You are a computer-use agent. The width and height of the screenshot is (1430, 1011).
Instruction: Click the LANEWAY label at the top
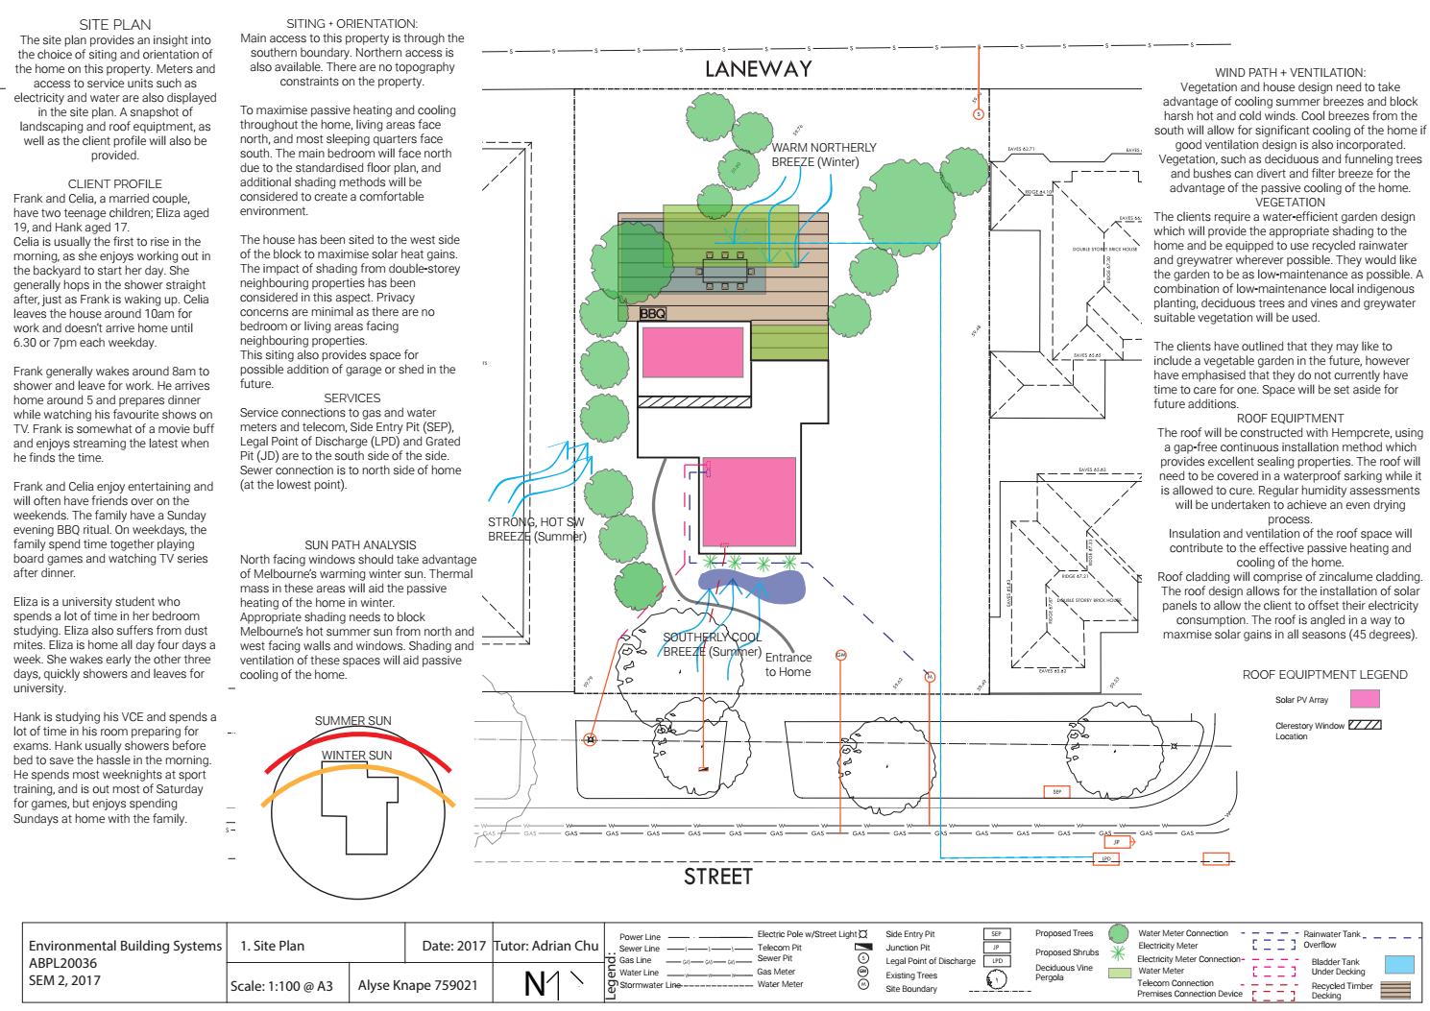coord(758,69)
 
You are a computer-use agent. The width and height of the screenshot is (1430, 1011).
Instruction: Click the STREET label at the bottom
coord(717,876)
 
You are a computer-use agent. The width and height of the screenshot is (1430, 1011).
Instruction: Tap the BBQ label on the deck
coord(653,314)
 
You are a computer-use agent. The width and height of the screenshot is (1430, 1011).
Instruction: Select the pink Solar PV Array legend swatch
coord(1364,699)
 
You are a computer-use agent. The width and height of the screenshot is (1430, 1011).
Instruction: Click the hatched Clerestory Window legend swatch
coord(1364,724)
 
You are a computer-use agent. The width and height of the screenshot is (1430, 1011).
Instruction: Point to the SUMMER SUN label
coord(353,721)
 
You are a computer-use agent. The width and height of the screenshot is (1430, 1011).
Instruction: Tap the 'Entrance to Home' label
coord(788,664)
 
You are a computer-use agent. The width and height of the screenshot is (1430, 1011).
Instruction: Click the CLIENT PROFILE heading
coord(114,183)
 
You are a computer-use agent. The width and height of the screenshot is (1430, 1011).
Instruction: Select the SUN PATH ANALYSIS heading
coord(360,544)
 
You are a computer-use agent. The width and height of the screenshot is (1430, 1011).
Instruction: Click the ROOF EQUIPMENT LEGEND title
coord(1324,675)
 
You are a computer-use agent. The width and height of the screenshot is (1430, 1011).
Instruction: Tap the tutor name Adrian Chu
coord(545,946)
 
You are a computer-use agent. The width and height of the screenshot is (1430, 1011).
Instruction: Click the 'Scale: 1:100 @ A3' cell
coord(286,985)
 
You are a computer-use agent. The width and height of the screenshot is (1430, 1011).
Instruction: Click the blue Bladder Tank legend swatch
coord(1400,964)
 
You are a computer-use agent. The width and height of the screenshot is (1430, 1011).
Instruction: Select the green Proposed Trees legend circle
coord(1117,933)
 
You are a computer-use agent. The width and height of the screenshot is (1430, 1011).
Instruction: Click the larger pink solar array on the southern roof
coord(748,502)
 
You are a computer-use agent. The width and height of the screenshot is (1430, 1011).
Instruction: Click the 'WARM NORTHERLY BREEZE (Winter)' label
coord(824,155)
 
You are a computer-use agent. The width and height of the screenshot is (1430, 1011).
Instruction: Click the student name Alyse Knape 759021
coord(418,985)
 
